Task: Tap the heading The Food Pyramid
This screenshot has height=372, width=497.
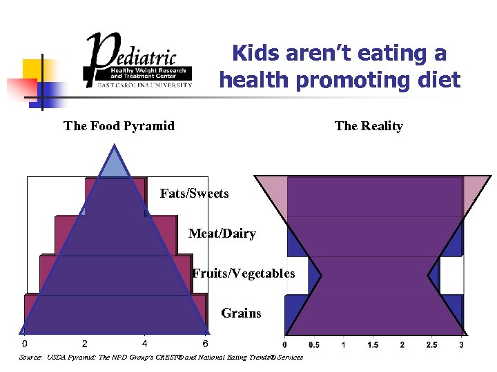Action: coord(119,126)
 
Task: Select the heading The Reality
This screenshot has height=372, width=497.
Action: coord(369,126)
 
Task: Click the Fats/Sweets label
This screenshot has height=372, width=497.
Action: coord(194,194)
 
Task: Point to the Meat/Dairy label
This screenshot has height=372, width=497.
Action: coord(222,234)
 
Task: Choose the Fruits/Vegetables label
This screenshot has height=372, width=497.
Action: coord(244,273)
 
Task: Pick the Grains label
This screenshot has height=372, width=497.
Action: coord(241,313)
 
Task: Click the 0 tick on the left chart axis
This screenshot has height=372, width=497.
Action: coord(25,344)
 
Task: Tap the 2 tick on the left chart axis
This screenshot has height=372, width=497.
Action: coord(84,344)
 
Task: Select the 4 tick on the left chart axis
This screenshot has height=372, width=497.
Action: coord(144,344)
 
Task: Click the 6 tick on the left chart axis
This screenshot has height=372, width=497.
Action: coord(205,344)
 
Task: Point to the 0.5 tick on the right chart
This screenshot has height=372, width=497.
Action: coord(313,344)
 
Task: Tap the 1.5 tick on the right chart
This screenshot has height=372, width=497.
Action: coord(373,344)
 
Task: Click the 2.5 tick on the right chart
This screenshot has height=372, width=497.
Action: coord(431,344)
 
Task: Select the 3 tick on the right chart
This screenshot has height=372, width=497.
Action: coord(461,344)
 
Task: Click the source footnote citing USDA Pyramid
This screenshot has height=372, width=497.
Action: coord(161,358)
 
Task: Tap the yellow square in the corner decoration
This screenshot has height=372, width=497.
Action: coord(33,69)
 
